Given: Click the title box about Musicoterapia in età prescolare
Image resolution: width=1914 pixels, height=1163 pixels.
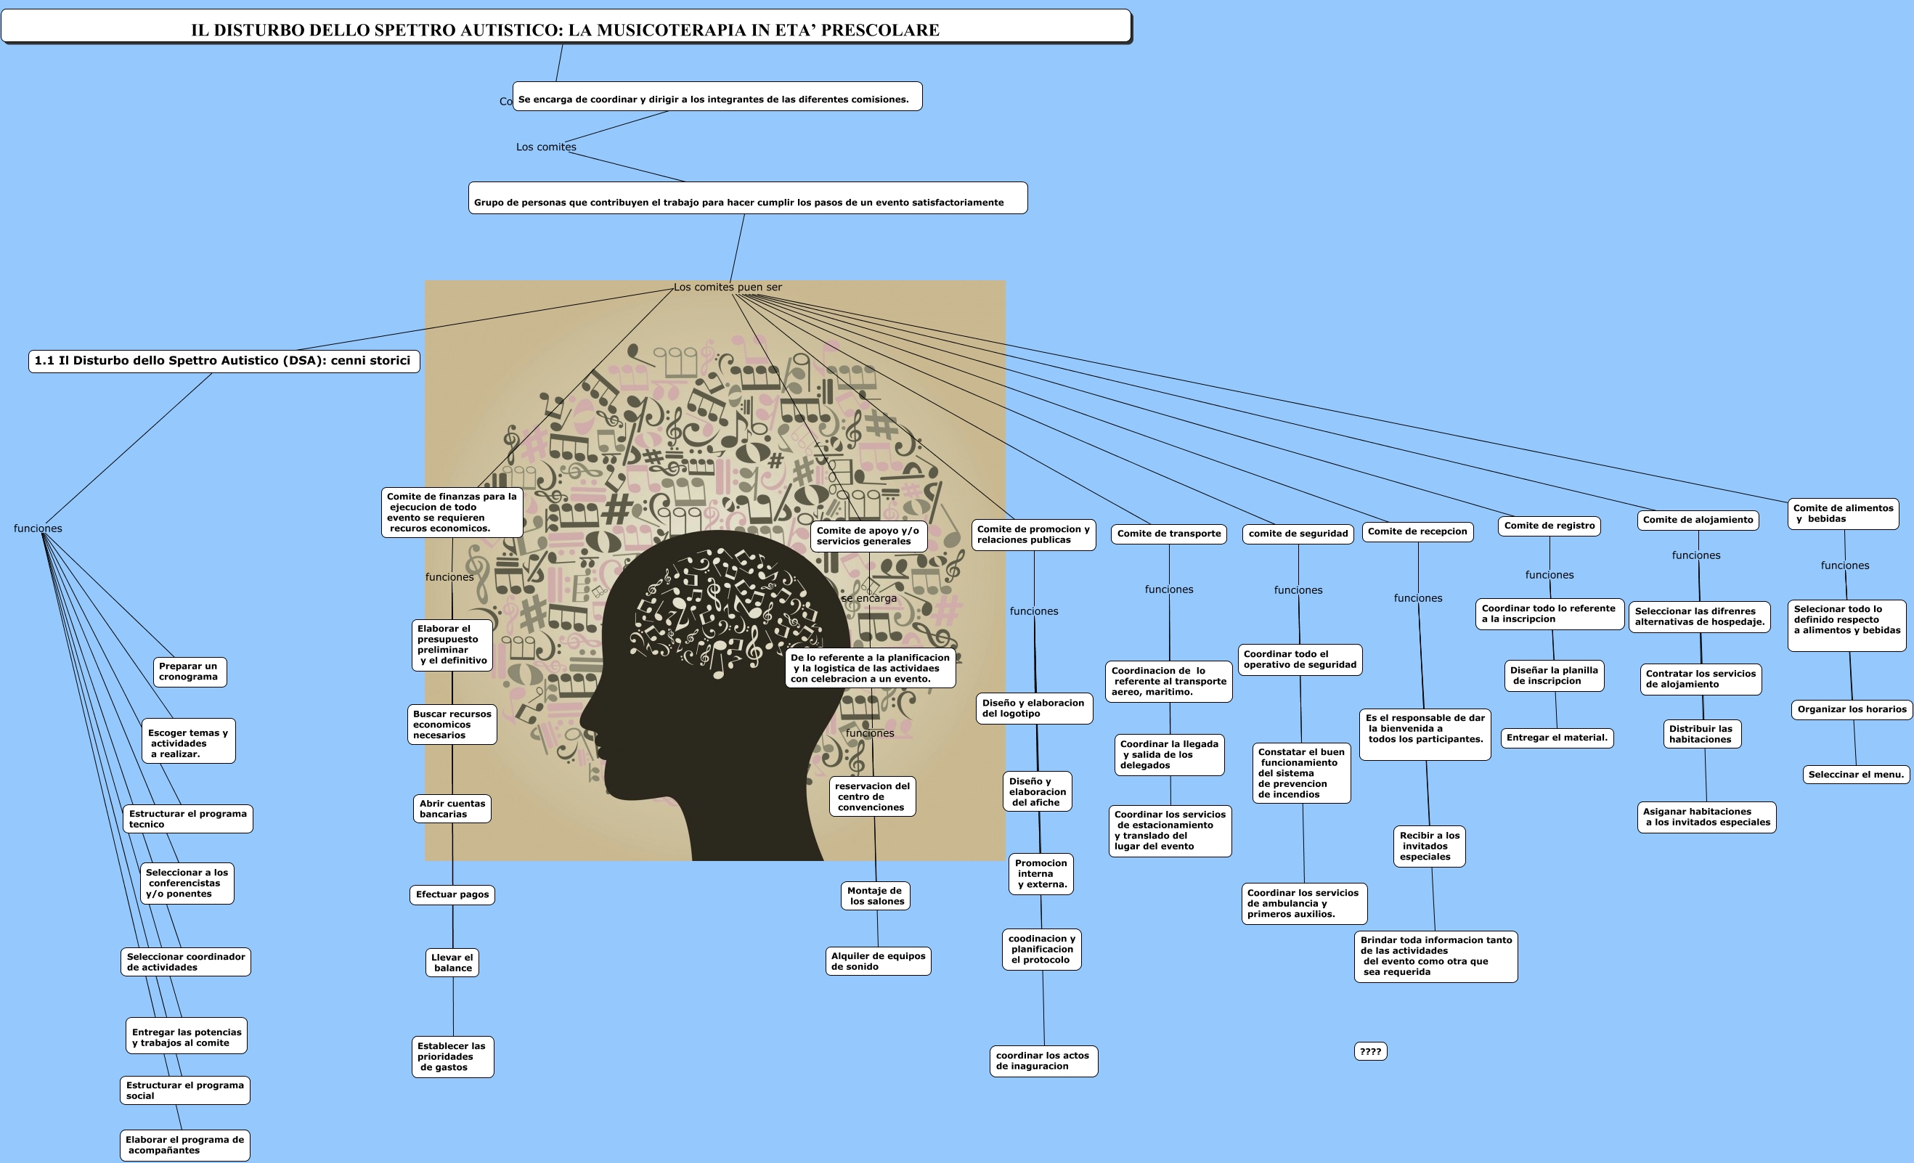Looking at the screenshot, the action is tap(566, 26).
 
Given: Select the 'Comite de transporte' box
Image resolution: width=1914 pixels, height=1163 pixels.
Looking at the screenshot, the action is tap(1169, 534).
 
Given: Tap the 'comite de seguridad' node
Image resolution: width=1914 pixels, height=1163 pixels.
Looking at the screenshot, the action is tap(1298, 534).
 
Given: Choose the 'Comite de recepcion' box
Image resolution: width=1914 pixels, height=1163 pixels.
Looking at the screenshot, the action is tap(1417, 531).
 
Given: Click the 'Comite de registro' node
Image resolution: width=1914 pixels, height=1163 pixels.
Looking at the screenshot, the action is tap(1549, 526).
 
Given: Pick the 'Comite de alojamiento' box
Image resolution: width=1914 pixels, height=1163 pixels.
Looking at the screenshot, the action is tap(1698, 520).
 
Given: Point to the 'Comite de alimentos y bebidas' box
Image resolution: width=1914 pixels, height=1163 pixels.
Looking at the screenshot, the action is tap(1844, 513).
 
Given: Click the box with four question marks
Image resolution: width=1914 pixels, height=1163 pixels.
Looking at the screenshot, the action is tap(1370, 1051).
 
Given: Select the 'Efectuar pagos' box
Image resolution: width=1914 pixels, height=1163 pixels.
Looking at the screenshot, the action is tap(452, 895).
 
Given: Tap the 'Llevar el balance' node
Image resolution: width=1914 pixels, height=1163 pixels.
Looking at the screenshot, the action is tap(453, 963).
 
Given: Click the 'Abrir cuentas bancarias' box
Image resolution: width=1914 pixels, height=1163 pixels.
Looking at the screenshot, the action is tap(452, 809).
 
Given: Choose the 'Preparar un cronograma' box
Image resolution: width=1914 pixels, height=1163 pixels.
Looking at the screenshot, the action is tap(190, 672).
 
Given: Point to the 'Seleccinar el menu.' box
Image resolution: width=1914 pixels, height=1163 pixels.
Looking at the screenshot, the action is tap(1856, 775).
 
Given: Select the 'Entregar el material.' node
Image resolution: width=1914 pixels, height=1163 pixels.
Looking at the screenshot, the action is tap(1557, 738).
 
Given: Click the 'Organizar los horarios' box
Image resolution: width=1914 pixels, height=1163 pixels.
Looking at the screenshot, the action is tap(1852, 709).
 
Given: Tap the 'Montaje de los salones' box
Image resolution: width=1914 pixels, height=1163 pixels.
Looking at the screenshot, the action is tap(876, 896).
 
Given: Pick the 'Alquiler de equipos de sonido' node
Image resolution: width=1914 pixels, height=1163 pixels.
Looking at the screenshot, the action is tap(878, 961).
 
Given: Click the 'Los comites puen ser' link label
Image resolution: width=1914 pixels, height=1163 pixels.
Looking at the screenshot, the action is tap(728, 287).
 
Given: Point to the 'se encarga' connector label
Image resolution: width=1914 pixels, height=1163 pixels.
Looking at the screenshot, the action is tap(869, 598).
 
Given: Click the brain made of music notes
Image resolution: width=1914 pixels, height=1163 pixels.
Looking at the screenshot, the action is tap(726, 611).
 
